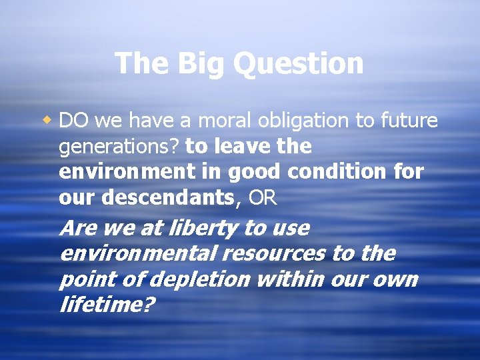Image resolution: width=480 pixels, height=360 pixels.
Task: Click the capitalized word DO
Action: click(75, 121)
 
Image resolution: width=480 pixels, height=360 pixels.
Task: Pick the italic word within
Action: click(283, 279)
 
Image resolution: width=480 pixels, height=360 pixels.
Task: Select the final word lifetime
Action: click(107, 305)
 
